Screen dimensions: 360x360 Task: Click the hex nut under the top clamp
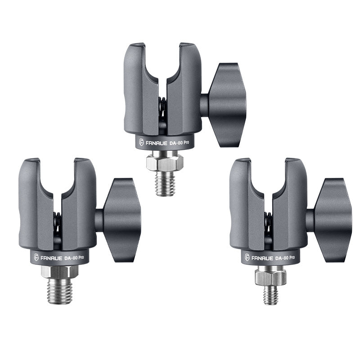click(165, 162)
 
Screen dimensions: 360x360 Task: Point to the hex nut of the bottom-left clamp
click(59, 271)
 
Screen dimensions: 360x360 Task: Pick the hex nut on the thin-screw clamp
click(270, 278)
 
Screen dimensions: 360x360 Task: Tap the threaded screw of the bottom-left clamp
click(59, 291)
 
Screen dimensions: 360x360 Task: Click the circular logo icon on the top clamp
click(142, 143)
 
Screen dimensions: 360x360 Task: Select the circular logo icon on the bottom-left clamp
click(36, 258)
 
